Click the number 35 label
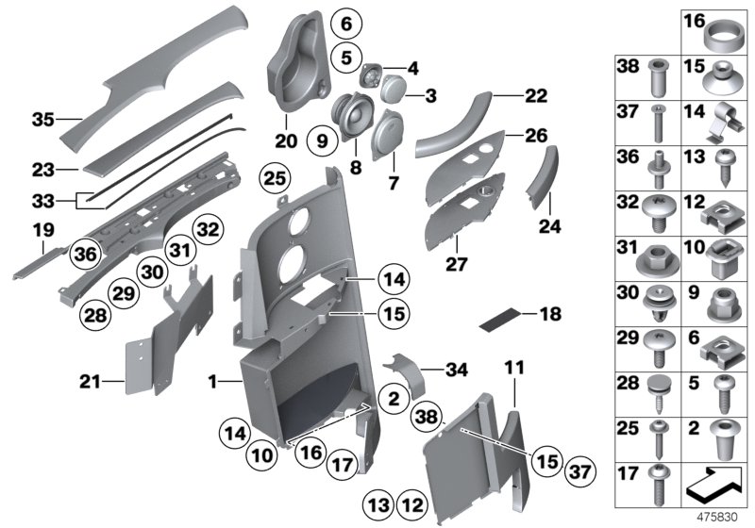(43, 120)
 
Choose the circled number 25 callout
(273, 177)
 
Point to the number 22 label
(535, 95)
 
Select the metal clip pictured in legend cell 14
(712, 121)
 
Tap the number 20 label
(286, 142)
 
